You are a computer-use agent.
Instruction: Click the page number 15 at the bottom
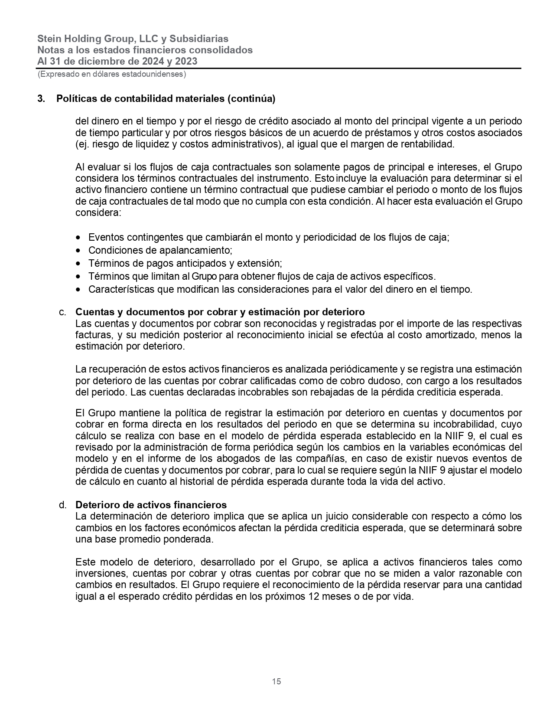click(x=276, y=681)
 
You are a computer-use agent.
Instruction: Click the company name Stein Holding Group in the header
click(x=86, y=39)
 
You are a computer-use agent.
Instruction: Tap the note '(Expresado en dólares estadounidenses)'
click(x=112, y=74)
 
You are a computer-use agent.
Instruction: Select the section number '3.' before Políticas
click(x=41, y=99)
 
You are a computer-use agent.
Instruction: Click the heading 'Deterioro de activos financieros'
click(x=151, y=505)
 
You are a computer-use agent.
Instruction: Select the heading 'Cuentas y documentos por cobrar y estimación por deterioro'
click(x=220, y=312)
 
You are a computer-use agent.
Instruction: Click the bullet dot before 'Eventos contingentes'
click(x=78, y=238)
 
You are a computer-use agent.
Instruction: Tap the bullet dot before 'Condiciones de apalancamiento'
click(x=78, y=251)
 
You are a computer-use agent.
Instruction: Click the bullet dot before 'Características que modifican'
click(x=78, y=290)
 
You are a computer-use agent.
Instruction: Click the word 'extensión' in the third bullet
click(x=263, y=264)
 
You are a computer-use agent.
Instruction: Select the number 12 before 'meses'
click(x=314, y=597)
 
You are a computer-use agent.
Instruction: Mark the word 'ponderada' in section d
click(x=192, y=540)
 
